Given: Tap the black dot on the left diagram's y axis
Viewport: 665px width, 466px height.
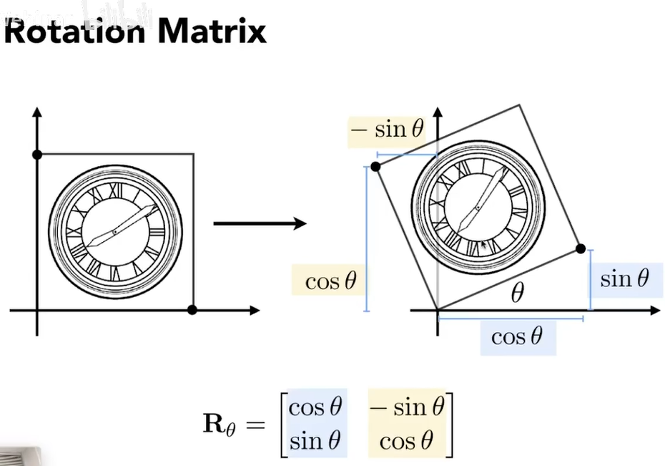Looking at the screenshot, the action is (x=37, y=155).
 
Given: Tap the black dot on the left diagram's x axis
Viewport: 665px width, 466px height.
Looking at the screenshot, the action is (x=191, y=310).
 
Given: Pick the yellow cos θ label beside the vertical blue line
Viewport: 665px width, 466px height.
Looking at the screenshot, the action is (x=330, y=281).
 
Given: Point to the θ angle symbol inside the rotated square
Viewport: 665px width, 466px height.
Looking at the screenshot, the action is (x=517, y=293).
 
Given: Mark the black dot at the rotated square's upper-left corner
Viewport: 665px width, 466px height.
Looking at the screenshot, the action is (x=377, y=168).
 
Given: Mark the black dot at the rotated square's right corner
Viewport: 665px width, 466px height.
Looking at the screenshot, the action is (x=581, y=248).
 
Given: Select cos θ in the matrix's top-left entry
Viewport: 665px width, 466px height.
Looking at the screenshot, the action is (x=315, y=407).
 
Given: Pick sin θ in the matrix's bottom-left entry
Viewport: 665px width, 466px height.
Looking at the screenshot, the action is (x=315, y=440).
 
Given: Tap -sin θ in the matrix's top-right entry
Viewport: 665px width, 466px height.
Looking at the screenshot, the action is (x=409, y=407).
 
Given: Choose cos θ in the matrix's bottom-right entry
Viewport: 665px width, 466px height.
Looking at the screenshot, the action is (x=407, y=440).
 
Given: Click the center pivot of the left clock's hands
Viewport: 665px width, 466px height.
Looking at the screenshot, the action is (x=114, y=232).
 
